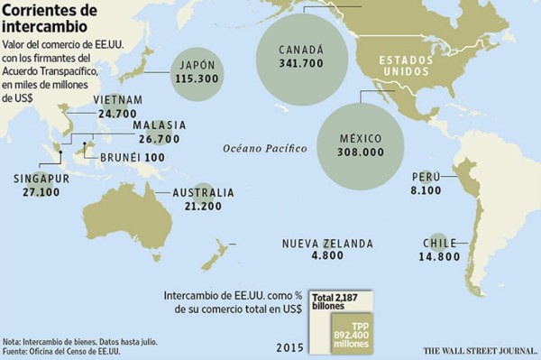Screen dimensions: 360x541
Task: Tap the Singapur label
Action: pos(41,179)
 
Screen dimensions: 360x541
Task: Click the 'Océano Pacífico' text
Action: pos(264,147)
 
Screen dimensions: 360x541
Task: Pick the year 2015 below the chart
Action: pos(289,346)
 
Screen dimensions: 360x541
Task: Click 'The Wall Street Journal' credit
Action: pos(477,347)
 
